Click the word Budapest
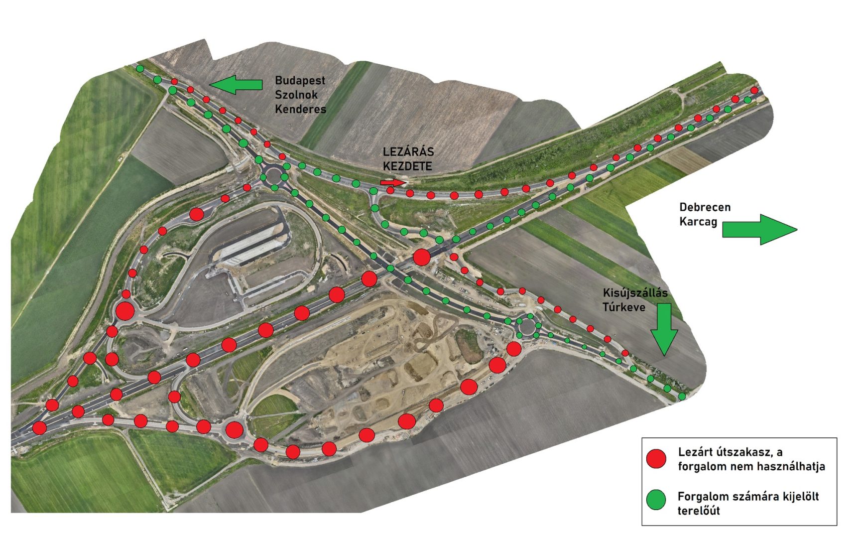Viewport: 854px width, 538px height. pyautogui.click(x=300, y=80)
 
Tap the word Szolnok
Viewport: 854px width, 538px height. pyautogui.click(x=296, y=95)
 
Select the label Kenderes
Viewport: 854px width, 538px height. pyautogui.click(x=300, y=109)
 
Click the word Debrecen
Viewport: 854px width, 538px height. pyautogui.click(x=705, y=207)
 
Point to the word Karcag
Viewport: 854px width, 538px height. pyautogui.click(x=698, y=222)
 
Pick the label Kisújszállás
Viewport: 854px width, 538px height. pyautogui.click(x=635, y=293)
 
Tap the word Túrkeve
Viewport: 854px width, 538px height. pyautogui.click(x=623, y=307)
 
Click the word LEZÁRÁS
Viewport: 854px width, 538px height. pyautogui.click(x=408, y=152)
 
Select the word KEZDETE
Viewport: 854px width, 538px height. pyautogui.click(x=407, y=166)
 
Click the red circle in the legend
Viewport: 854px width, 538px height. pyautogui.click(x=656, y=459)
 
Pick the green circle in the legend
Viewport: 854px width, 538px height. pyautogui.click(x=656, y=500)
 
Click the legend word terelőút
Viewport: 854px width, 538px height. pyautogui.click(x=698, y=511)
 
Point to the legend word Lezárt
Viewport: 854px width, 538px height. pyautogui.click(x=695, y=452)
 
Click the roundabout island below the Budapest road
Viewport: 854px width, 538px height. pyautogui.click(x=273, y=175)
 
